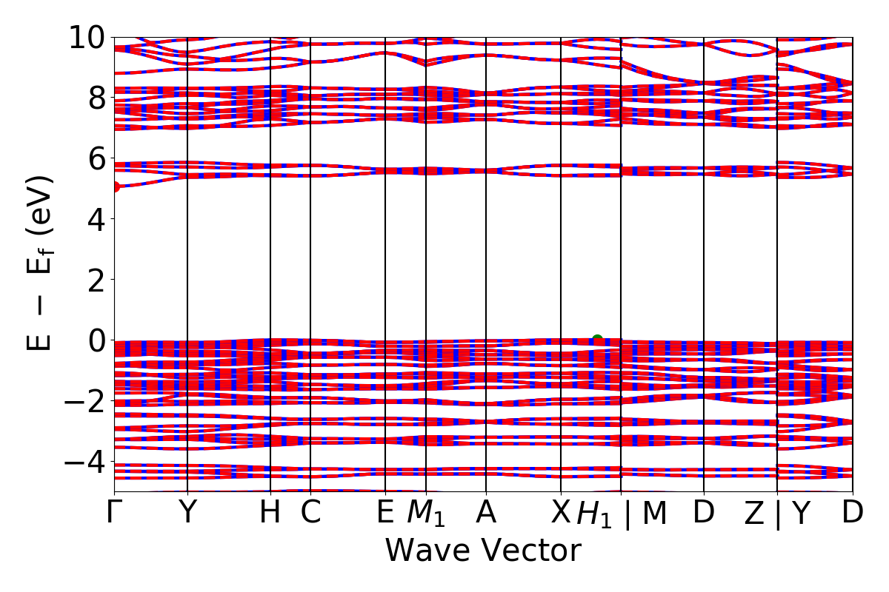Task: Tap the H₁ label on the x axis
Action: (x=595, y=514)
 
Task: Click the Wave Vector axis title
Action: (x=482, y=551)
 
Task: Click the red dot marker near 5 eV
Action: (x=115, y=186)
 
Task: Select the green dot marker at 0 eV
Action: (x=597, y=340)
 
